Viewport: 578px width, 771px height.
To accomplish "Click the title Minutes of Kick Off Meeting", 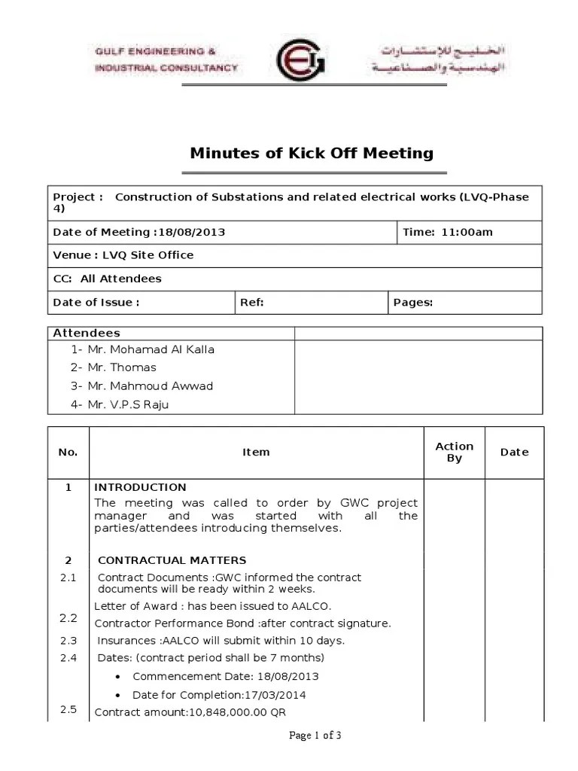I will click(312, 154).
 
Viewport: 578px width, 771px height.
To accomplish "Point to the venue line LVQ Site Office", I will click(123, 255).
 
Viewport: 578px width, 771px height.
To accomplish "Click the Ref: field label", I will click(251, 302).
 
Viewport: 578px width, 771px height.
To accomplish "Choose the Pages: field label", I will click(413, 302).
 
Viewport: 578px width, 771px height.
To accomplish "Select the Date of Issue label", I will click(96, 302).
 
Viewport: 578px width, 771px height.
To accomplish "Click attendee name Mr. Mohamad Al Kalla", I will click(151, 349).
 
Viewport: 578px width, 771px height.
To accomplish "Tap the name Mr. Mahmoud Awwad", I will click(150, 386).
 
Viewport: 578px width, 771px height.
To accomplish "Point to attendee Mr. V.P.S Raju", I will click(132, 404).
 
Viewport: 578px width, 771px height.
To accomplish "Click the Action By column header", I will click(455, 452).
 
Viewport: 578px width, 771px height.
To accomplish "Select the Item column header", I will click(256, 453).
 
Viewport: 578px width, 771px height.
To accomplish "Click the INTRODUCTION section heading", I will click(140, 487).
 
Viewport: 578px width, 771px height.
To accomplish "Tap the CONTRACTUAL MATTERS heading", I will click(172, 560).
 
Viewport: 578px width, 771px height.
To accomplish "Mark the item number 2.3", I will click(68, 641).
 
